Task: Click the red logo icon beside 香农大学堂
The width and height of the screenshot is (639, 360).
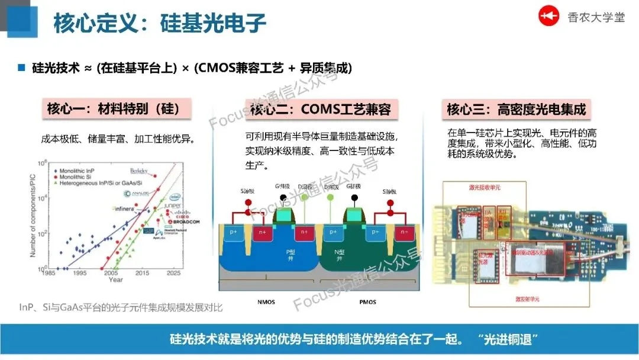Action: pos(548,17)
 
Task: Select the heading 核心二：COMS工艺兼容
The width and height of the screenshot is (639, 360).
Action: pos(320,109)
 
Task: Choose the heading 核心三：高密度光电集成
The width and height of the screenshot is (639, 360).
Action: pos(516,109)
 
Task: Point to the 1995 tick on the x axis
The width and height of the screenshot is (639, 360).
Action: pos(79,274)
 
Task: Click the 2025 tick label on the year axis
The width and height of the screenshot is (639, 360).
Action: pos(174,274)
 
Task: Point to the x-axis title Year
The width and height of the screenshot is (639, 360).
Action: pos(116,279)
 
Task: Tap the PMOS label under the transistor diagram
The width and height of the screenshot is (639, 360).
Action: pos(368,302)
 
